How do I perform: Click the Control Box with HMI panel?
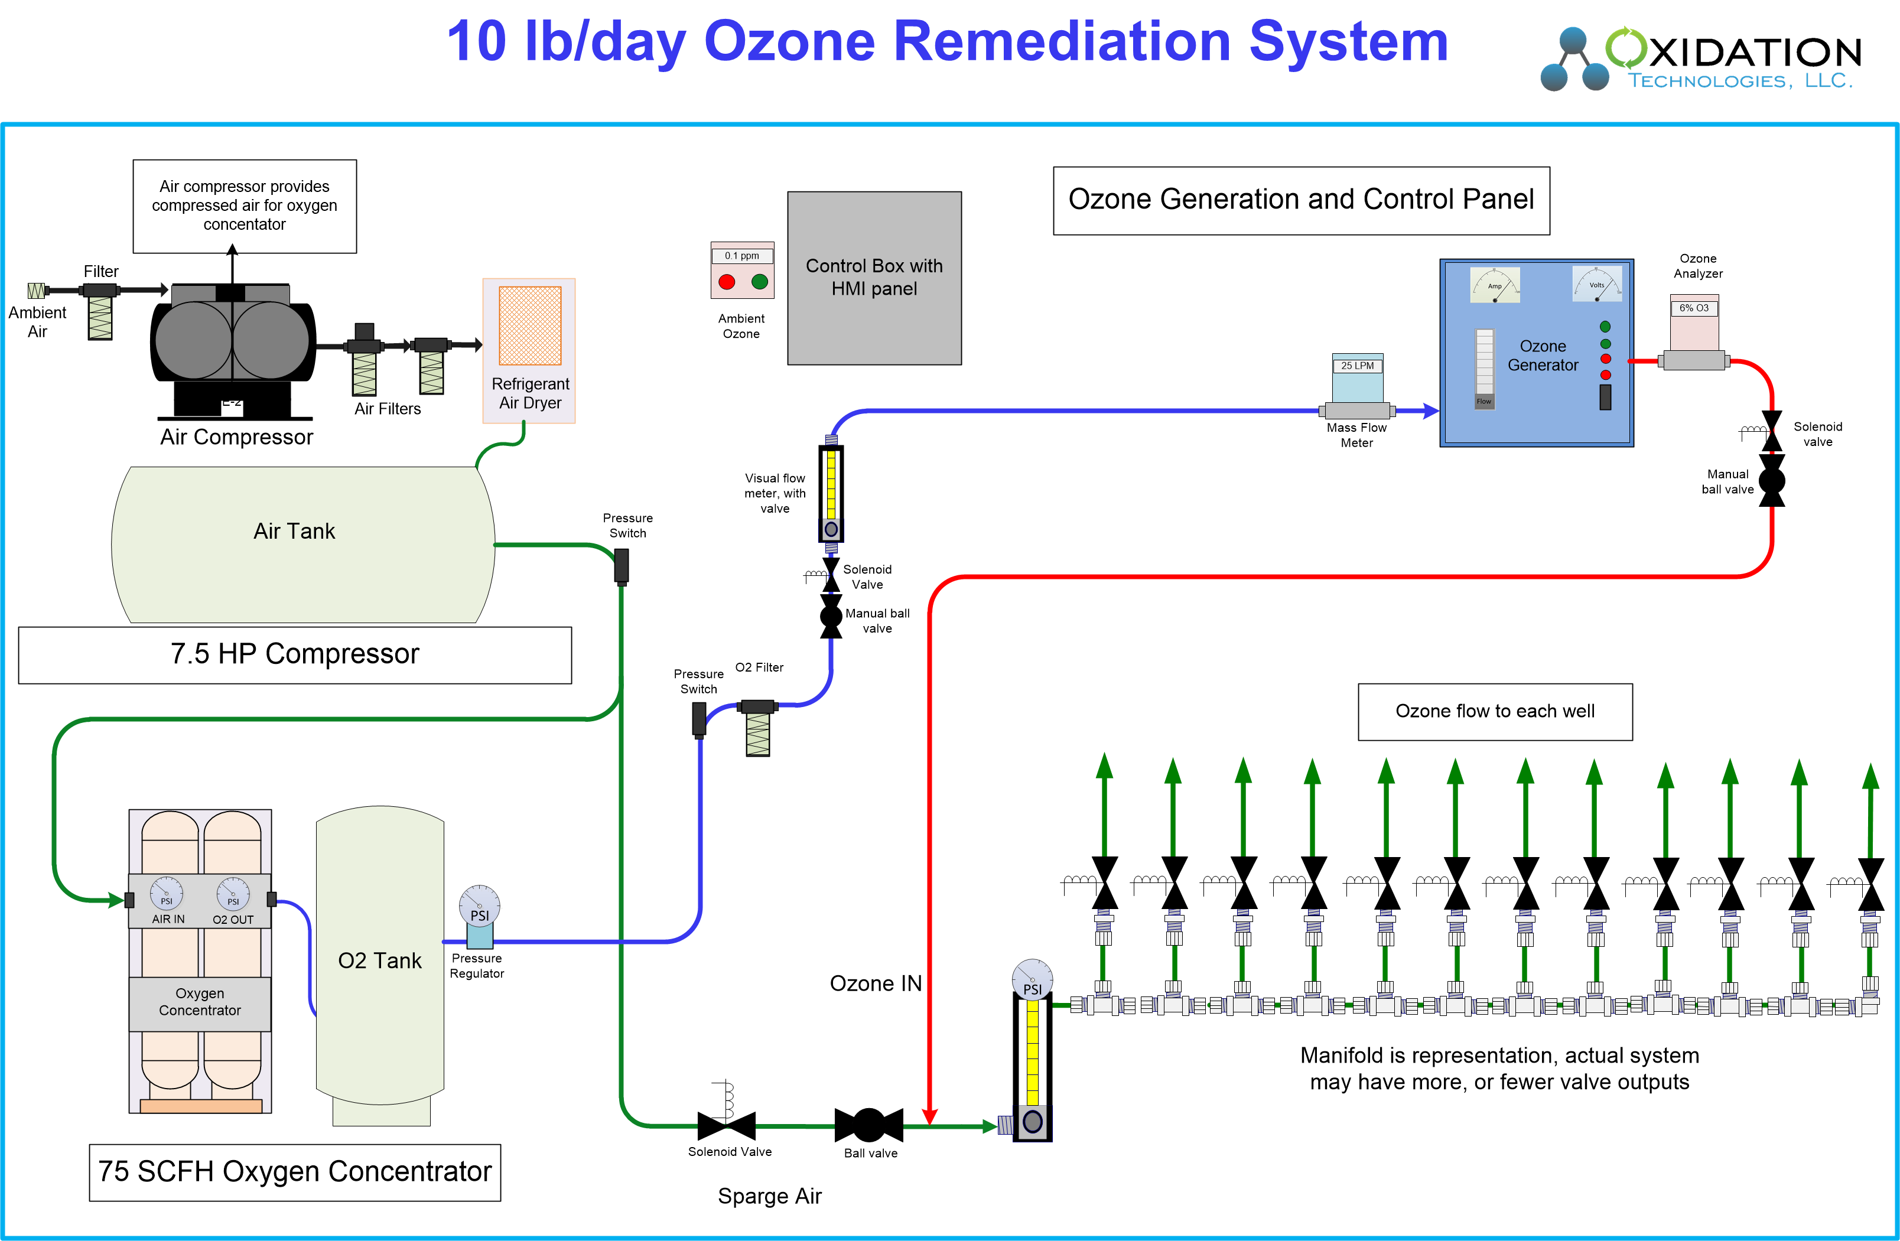[x=874, y=278]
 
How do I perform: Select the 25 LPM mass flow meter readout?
[x=1357, y=366]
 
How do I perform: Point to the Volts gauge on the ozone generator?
[x=1597, y=284]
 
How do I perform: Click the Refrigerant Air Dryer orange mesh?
[x=530, y=325]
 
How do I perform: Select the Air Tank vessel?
[x=303, y=544]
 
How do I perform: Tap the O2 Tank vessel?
[x=380, y=957]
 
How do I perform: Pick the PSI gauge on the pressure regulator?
[x=480, y=906]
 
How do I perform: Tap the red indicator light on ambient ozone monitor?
[x=727, y=282]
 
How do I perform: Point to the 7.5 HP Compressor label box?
[x=295, y=654]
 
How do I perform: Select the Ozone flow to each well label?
[x=1495, y=711]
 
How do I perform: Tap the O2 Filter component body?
[x=757, y=728]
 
